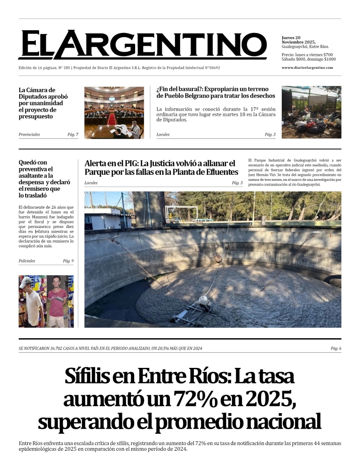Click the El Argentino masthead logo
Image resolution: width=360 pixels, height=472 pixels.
(x=142, y=45)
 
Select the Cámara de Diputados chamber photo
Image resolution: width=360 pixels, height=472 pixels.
(x=114, y=112)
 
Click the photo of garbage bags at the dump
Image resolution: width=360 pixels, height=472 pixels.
(x=311, y=112)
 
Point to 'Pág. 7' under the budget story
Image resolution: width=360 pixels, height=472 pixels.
(x=72, y=135)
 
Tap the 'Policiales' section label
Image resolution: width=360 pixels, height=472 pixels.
(x=27, y=261)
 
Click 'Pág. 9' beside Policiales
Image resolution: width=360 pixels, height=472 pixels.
(x=68, y=261)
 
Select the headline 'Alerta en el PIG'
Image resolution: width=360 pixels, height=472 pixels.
(x=161, y=168)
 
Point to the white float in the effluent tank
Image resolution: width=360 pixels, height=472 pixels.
(x=203, y=300)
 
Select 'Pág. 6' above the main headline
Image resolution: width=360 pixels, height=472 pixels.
(x=336, y=349)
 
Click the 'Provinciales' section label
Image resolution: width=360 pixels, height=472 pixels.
(x=29, y=135)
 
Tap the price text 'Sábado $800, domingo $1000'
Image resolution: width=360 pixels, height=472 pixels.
(x=308, y=59)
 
